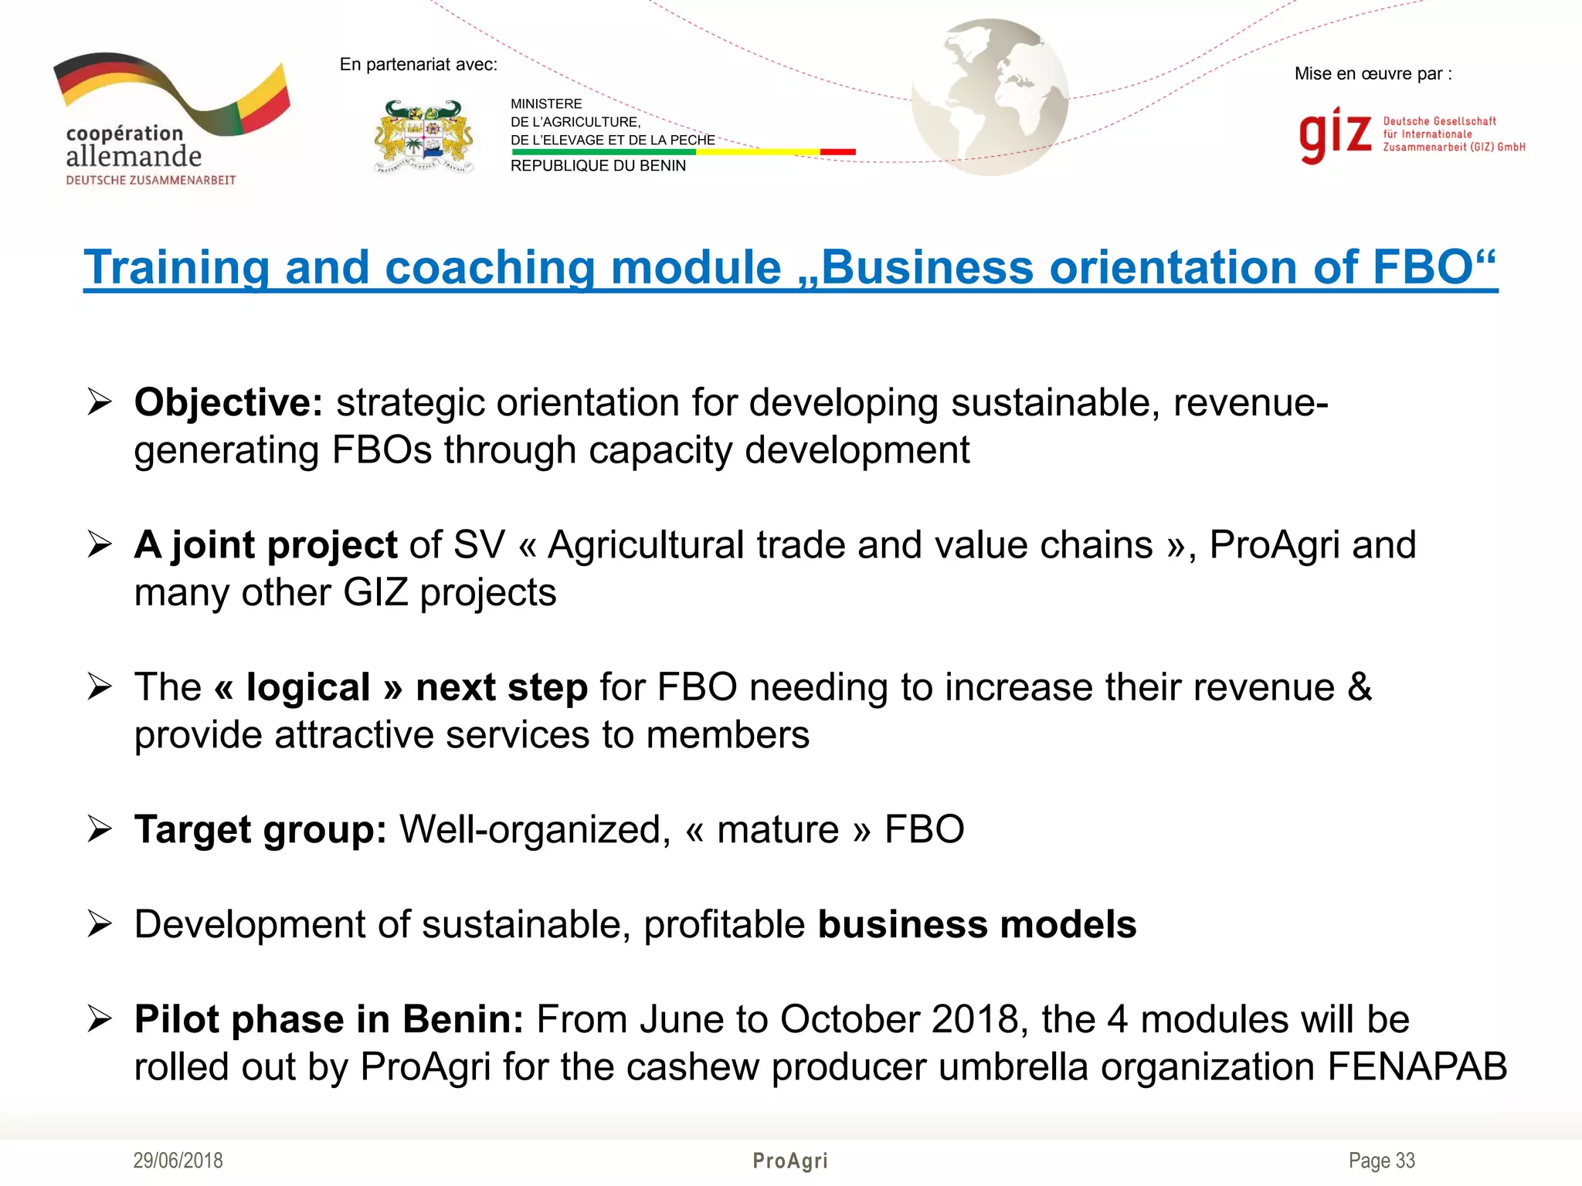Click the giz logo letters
[x=1335, y=134]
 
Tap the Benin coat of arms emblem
[x=423, y=137]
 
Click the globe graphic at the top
[x=990, y=97]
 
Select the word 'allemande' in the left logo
[x=134, y=157]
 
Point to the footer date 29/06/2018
[x=178, y=1161]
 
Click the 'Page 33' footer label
[x=1381, y=1161]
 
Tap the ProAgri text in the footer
[x=790, y=1161]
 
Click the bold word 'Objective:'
[x=229, y=403]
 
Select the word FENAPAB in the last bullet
[x=1417, y=1067]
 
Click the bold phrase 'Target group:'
[x=260, y=830]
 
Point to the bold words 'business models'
[x=977, y=925]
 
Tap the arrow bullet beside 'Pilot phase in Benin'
[x=100, y=1019]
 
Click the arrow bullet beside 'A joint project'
[x=100, y=544]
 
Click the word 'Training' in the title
[x=176, y=268]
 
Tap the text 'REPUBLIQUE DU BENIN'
[x=598, y=166]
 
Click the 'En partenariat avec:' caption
[x=418, y=65]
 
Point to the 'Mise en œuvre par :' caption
[x=1373, y=74]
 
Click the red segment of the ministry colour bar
[x=837, y=152]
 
